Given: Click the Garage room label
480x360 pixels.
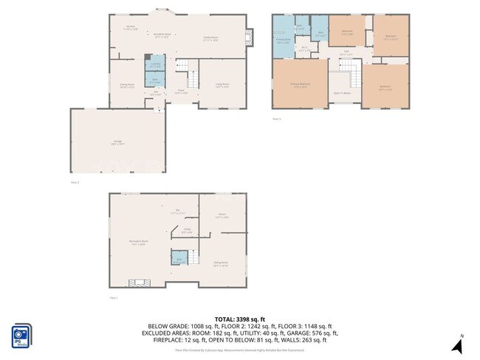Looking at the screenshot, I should pyautogui.click(x=117, y=143).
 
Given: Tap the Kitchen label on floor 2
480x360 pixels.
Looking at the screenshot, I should pyautogui.click(x=130, y=28).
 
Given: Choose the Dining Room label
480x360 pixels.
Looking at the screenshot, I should pyautogui.click(x=127, y=86).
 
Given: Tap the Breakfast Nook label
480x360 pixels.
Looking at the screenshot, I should pyautogui.click(x=162, y=35).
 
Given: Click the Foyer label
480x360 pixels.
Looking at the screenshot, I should pyautogui.click(x=179, y=92).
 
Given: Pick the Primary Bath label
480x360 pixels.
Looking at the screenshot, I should pyautogui.click(x=283, y=41).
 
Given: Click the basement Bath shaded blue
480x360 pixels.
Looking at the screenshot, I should pyautogui.click(x=178, y=257).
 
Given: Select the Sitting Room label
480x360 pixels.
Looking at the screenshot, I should pyautogui.click(x=220, y=263).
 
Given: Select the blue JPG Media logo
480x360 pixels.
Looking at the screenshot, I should pyautogui.click(x=21, y=336).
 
